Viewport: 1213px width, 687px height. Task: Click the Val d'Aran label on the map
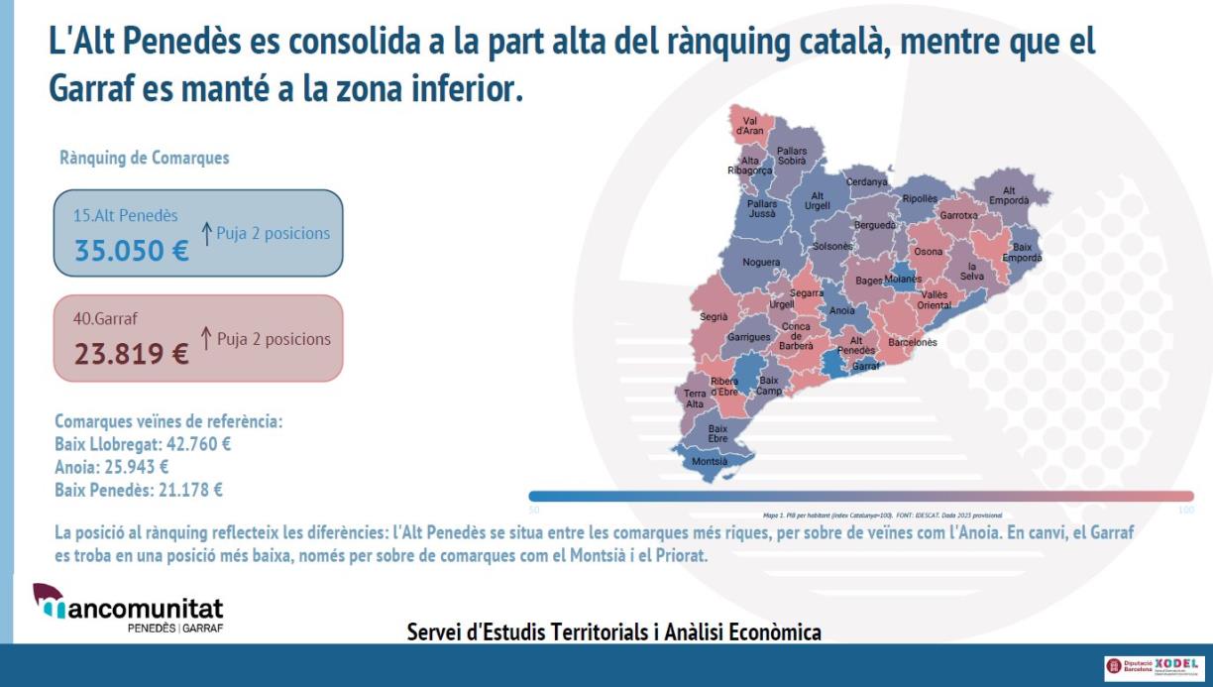tap(749, 126)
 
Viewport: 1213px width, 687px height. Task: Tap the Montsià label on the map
tap(709, 461)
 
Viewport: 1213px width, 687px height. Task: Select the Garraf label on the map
tap(866, 366)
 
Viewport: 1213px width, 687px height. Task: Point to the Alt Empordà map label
tap(1009, 196)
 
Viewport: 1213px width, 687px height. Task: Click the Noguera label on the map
tap(761, 263)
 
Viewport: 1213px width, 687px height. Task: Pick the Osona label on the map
tap(929, 252)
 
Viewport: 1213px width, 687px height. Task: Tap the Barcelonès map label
tap(912, 342)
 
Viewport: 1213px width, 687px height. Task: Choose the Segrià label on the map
tap(714, 317)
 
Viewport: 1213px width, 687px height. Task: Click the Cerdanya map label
tap(867, 182)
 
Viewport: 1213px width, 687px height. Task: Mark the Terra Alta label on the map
tap(695, 399)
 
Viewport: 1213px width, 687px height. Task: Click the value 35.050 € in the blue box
tap(131, 251)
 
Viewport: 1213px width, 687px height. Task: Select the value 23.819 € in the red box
tap(131, 354)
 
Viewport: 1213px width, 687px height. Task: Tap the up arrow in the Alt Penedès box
tap(207, 233)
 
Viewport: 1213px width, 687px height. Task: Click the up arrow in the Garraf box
tap(207, 338)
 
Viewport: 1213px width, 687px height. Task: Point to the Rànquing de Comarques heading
tap(145, 158)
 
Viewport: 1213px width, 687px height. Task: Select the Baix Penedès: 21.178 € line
tap(139, 490)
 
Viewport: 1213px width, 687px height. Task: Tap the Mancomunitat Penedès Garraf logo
tap(128, 608)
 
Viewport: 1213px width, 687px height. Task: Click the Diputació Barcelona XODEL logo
tap(1152, 666)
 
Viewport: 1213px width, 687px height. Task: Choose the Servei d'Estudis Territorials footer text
tap(614, 631)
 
